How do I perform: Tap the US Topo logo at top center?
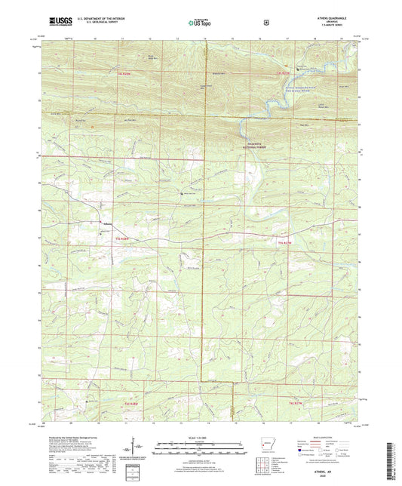201,23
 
